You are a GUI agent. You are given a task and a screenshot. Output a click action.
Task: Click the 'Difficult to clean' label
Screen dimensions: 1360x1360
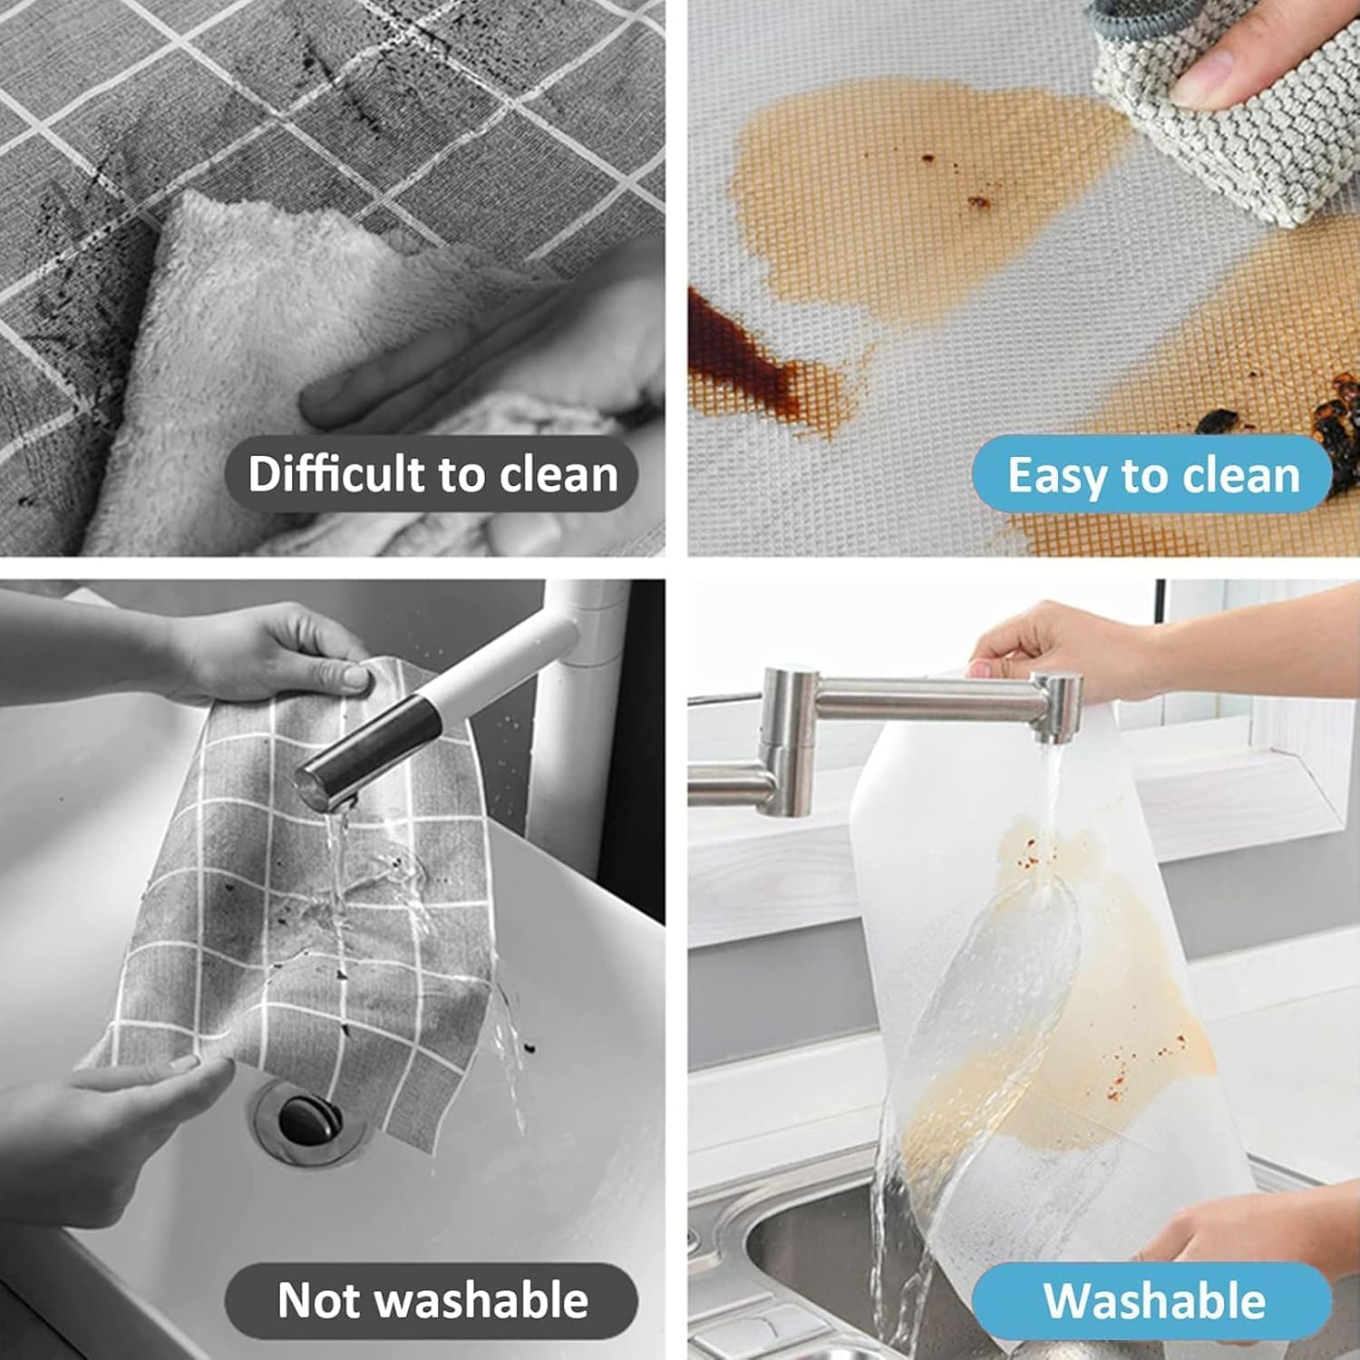coord(432,474)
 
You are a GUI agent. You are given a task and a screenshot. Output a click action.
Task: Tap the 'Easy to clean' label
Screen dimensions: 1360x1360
coord(1152,475)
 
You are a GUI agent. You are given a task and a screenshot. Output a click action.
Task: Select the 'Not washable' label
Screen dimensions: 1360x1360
coord(432,1300)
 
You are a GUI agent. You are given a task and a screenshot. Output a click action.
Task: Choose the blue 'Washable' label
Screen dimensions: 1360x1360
coord(1152,1300)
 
